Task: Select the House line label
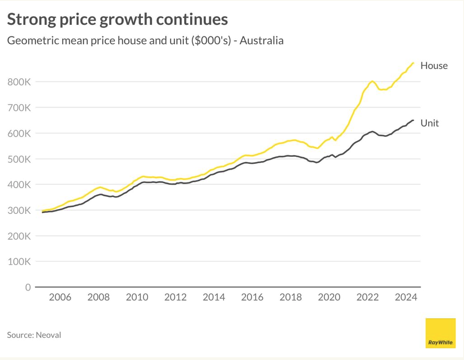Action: (434, 66)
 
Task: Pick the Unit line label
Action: (430, 123)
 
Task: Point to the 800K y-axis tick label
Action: (19, 82)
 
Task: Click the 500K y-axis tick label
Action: (19, 159)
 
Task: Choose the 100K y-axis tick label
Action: (19, 262)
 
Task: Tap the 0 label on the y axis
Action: (28, 287)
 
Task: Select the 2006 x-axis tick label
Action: (60, 298)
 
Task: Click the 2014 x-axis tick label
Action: (214, 298)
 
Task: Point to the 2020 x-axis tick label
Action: (329, 298)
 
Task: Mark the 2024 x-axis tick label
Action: (406, 298)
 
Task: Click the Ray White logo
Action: (440, 333)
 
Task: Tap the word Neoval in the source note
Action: (49, 335)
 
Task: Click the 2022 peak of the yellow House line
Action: (372, 81)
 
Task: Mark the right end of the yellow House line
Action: (413, 63)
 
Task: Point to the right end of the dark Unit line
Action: (413, 120)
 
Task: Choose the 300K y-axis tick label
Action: (19, 210)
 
